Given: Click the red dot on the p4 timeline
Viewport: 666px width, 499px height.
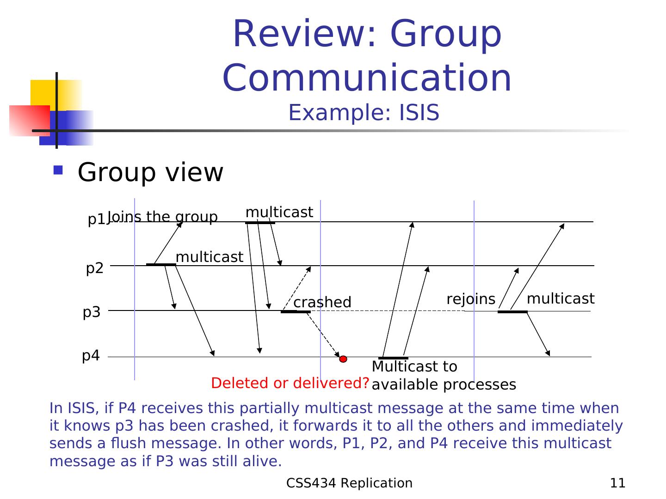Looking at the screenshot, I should [343, 359].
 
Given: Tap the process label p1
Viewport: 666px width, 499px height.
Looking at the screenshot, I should [96, 220].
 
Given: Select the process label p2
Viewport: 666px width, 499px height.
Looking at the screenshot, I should [95, 268].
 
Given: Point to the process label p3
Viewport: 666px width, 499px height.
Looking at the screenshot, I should [92, 312].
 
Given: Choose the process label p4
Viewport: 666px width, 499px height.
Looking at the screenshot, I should [91, 356].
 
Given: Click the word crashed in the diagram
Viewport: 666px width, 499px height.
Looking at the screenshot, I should [322, 302].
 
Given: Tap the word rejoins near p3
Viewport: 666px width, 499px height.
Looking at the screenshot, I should [471, 299].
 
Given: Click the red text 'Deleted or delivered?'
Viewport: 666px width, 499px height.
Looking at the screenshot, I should [290, 383].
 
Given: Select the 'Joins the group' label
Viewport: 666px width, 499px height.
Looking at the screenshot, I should [163, 217].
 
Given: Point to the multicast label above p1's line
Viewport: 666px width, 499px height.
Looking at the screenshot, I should [279, 212].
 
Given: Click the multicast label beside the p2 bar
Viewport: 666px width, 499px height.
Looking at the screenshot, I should [209, 257].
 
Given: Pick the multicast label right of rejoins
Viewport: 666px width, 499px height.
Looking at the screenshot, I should [561, 299].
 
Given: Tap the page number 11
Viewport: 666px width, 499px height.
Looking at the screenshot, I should [618, 483].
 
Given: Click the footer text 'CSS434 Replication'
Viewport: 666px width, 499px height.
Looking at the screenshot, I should [349, 483].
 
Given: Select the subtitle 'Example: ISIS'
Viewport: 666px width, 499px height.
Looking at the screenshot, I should [364, 113].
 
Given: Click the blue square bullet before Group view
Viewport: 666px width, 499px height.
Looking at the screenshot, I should [58, 170].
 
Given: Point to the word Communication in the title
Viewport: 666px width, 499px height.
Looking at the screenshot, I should [367, 78].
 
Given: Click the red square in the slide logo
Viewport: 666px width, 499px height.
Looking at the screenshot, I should [29, 120].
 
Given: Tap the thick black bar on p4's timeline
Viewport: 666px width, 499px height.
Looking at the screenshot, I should [393, 358].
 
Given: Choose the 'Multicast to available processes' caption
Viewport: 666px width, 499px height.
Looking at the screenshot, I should [443, 376].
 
